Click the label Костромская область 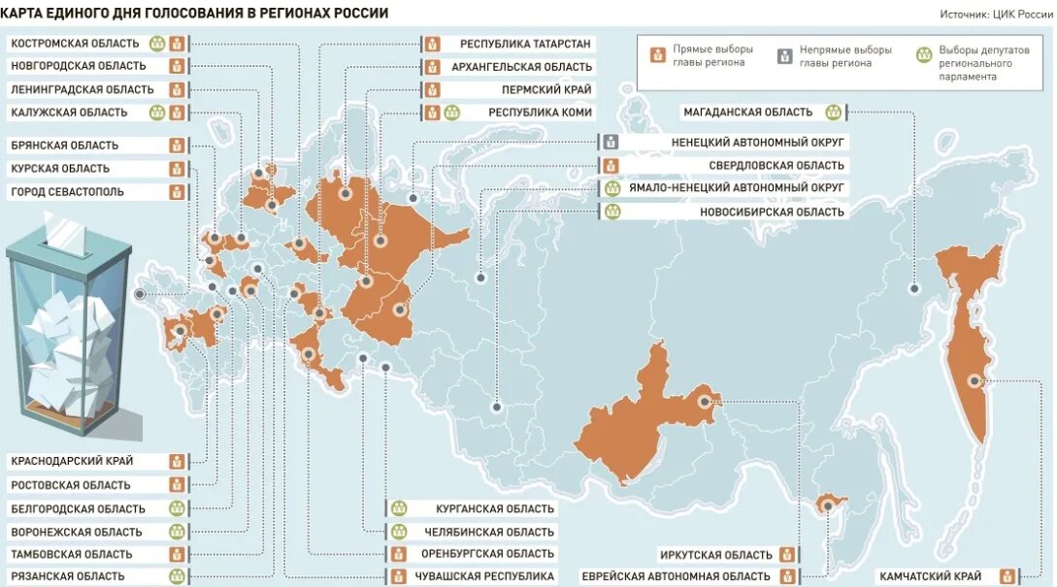click(77, 44)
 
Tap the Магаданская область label click(747, 113)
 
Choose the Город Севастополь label click(67, 192)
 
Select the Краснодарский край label click(72, 461)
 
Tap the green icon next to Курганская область click(398, 508)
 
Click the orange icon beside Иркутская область click(787, 555)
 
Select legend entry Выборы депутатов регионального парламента click(971, 62)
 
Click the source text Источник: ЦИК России click(996, 15)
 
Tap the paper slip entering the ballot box click(68, 234)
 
